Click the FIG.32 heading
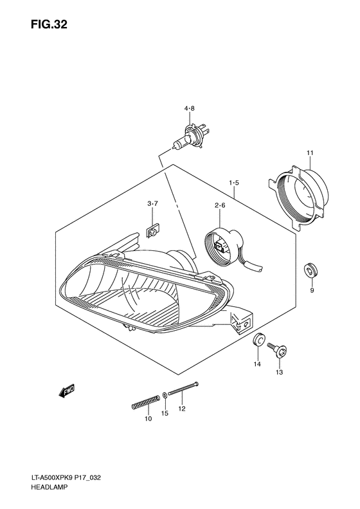pyautogui.click(x=50, y=24)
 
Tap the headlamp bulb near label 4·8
pyautogui.click(x=188, y=137)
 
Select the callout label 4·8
pyautogui.click(x=190, y=109)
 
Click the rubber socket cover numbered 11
pyautogui.click(x=300, y=198)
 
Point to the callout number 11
pyautogui.click(x=310, y=153)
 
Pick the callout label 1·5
pyautogui.click(x=234, y=183)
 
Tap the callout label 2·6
pyautogui.click(x=220, y=205)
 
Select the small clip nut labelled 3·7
pyautogui.click(x=152, y=230)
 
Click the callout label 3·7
pyautogui.click(x=152, y=203)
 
